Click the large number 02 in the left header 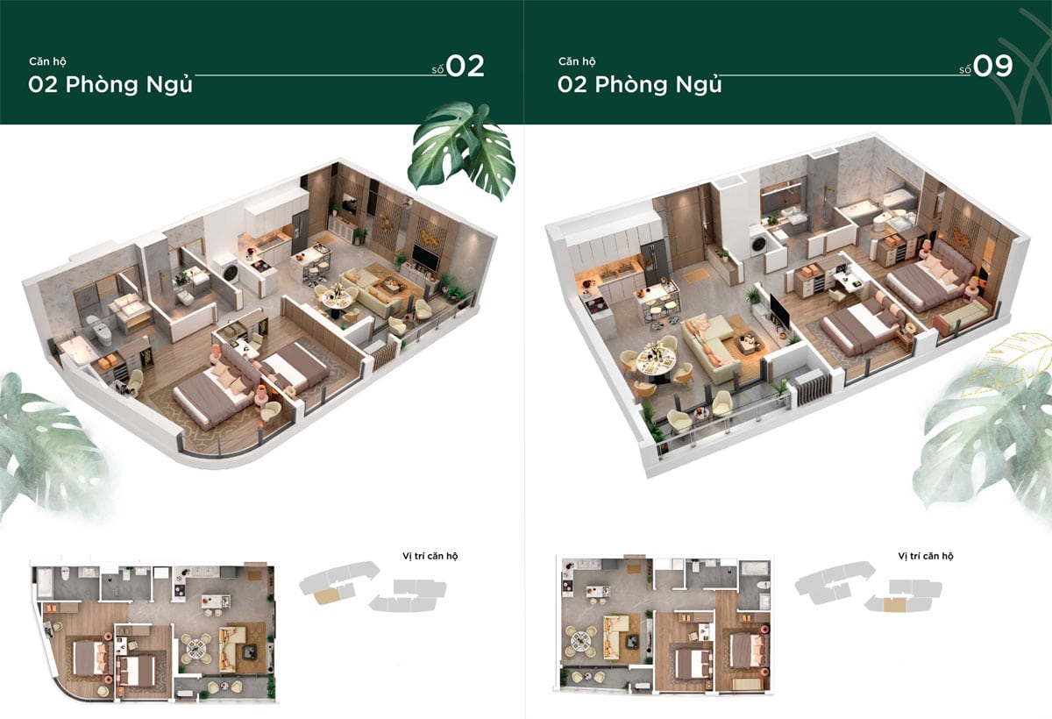point(465,67)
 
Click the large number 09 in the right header point(992,67)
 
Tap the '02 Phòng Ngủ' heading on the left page point(110,85)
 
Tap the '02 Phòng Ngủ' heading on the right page point(640,85)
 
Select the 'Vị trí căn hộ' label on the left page point(430,556)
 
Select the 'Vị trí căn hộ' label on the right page point(926,556)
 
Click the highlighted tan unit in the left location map point(326,596)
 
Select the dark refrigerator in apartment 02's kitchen point(300,232)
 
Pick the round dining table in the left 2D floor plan point(196,649)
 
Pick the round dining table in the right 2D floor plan point(581,639)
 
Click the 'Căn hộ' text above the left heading point(47,61)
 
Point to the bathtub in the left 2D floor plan point(45,583)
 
